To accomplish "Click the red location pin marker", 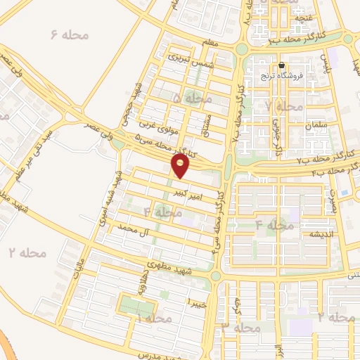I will (x=181, y=165).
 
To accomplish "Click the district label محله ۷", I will (x=285, y=106).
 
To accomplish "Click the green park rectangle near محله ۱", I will (x=136, y=307).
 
